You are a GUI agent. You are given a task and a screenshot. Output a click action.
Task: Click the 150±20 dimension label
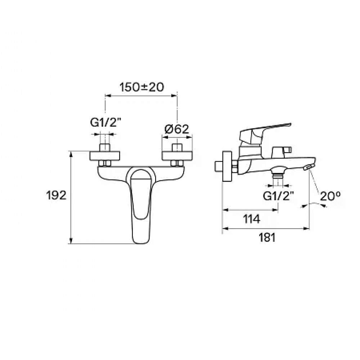tap(141, 87)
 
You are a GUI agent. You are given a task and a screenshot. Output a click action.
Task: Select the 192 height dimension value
tap(56, 195)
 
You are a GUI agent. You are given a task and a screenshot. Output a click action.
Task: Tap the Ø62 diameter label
tap(177, 129)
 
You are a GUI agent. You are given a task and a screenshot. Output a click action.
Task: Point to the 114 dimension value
tap(252, 219)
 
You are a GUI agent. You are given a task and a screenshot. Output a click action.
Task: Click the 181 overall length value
tap(267, 238)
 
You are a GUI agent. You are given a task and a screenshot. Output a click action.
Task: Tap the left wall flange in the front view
tap(105, 156)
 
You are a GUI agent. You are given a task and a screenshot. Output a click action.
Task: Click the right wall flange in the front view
tap(177, 156)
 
